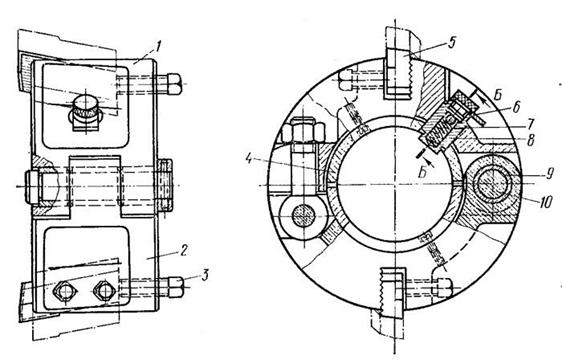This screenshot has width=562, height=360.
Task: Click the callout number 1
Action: coord(158,46)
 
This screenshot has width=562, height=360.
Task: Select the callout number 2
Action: coord(184,250)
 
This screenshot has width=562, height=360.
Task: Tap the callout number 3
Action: coord(205,275)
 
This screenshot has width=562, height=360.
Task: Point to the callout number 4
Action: coord(248,158)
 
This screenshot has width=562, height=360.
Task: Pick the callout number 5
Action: coord(451,43)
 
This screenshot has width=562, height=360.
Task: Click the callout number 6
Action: coord(516,107)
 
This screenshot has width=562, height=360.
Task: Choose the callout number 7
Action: coord(530,124)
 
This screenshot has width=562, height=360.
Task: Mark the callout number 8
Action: coord(530,140)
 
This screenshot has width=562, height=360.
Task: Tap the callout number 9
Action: coord(549,175)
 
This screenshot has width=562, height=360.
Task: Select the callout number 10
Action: coord(546,202)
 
